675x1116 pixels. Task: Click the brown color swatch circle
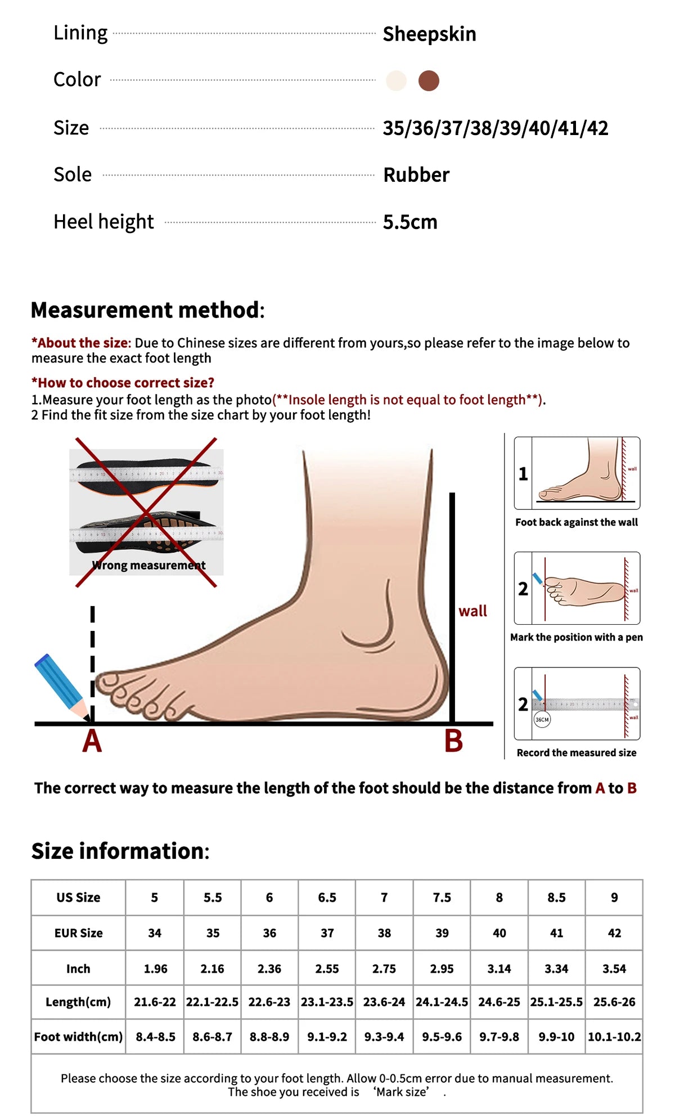coord(429,80)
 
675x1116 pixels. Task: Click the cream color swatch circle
coord(396,80)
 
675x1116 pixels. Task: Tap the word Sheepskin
coord(429,34)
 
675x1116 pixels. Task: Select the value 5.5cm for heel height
coord(410,222)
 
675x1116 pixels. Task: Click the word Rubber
coord(416,175)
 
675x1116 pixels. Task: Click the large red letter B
coord(453,741)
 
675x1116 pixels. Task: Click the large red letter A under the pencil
coord(92,741)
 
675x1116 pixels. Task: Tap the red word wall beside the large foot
coord(472,611)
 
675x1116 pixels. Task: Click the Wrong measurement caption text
coord(149,565)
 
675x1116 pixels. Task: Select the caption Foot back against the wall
coord(577,522)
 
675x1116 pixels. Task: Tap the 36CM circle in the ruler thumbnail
coord(542,719)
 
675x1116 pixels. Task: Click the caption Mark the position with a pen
coord(577,637)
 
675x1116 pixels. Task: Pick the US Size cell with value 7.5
coord(442,898)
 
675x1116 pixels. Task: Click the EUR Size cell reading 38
coord(384,933)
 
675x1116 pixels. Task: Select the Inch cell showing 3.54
coord(614,969)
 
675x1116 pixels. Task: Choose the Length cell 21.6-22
coord(155,1002)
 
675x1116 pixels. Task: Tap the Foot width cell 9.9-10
coord(556,1037)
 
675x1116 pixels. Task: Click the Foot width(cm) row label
coord(78,1037)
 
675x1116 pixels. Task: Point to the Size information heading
coord(120,851)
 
